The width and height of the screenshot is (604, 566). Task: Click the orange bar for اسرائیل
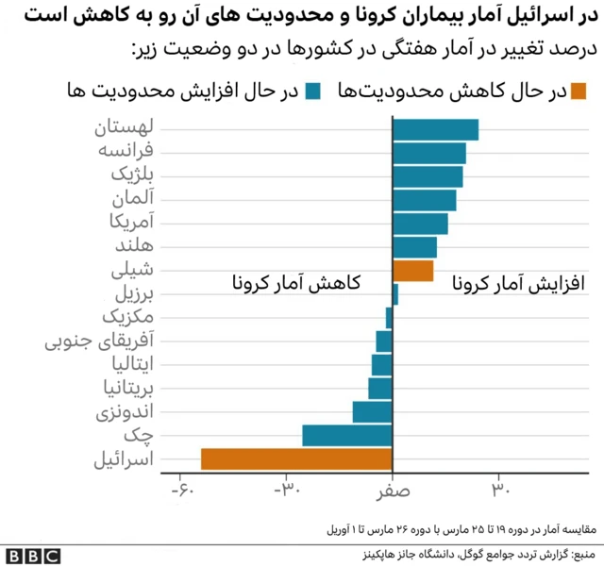[296, 458]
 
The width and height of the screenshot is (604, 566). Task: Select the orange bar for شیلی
[413, 271]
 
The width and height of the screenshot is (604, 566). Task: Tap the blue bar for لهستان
[435, 129]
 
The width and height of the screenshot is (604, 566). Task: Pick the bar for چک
[347, 435]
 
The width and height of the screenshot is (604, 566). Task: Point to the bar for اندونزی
[373, 411]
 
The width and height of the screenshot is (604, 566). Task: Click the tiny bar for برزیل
[395, 294]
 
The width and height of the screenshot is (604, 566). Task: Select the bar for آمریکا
[420, 224]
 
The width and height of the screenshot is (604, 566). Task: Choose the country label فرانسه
[127, 151]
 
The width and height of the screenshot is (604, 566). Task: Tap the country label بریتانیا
[119, 387]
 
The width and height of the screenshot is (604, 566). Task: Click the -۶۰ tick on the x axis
[181, 491]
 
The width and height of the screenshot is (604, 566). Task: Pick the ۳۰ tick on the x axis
[499, 491]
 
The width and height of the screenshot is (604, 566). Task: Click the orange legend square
[578, 91]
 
